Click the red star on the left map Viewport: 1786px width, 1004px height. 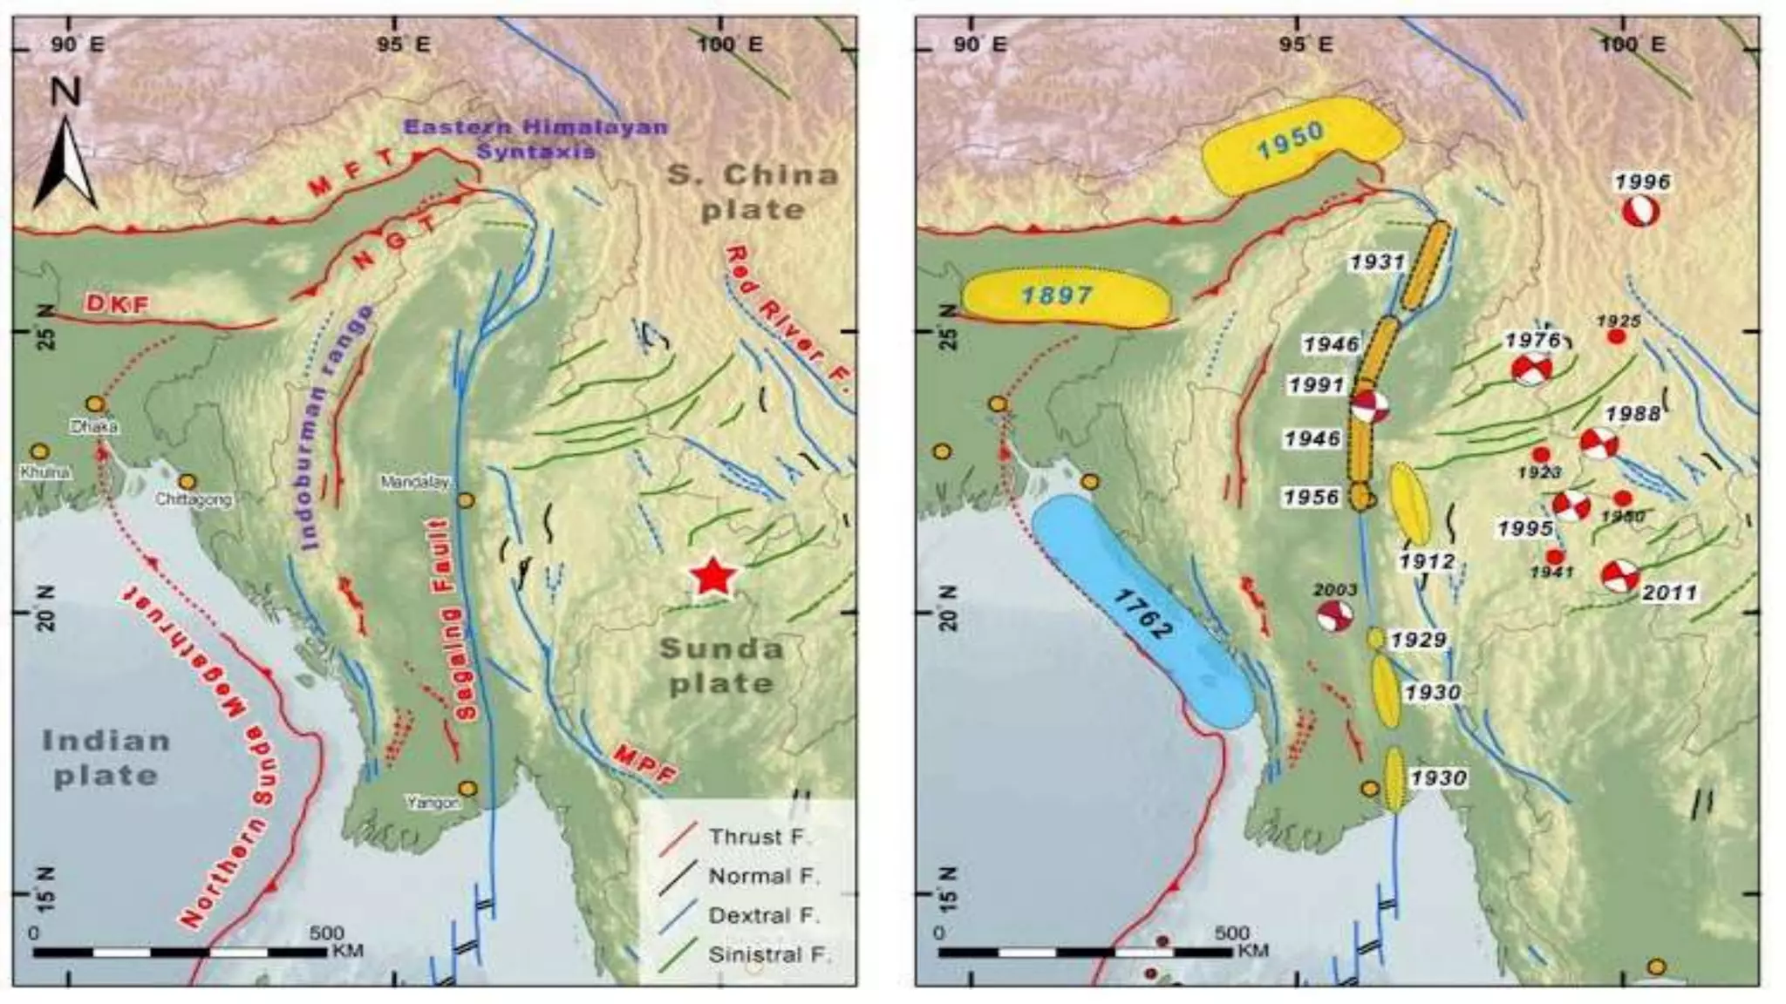pos(713,576)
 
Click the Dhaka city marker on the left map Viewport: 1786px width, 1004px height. pos(96,404)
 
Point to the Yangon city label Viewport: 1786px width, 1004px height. pos(433,803)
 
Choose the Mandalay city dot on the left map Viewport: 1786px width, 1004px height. pos(466,500)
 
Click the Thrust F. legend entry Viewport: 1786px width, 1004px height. pos(757,837)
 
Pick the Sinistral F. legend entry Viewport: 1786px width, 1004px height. pos(767,954)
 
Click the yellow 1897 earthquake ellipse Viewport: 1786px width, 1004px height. pos(1066,297)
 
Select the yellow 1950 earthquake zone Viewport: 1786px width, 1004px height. pos(1299,144)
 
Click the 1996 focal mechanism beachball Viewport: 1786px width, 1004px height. pos(1640,211)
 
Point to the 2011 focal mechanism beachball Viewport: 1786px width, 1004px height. pos(1619,576)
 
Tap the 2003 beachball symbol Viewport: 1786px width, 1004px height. pos(1335,615)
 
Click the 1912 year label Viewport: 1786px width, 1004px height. pos(1427,561)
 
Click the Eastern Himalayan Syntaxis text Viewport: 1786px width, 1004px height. pos(535,139)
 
